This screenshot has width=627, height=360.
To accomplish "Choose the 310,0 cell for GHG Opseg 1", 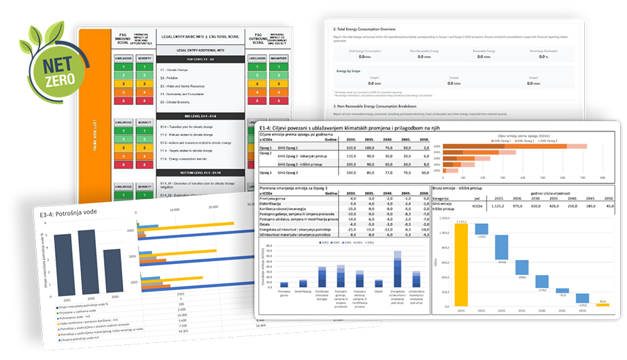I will (351, 147).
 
